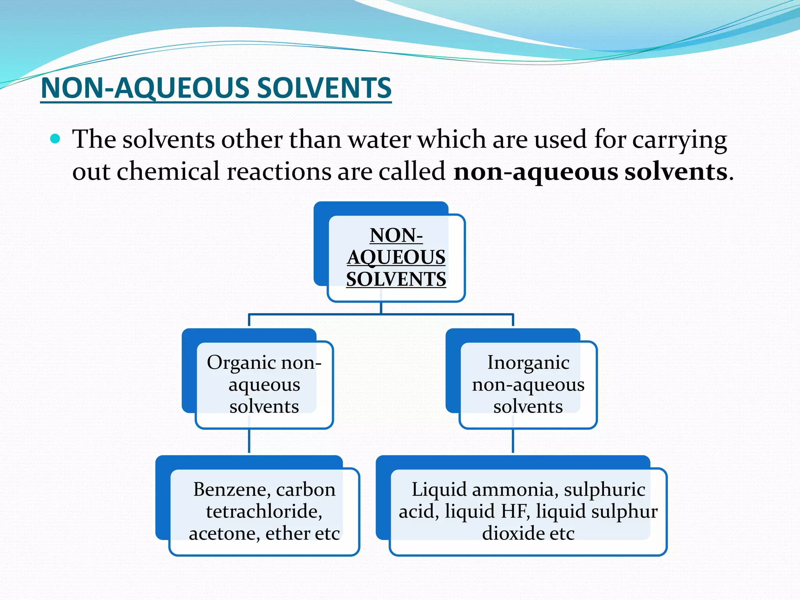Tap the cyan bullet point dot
coord(55,139)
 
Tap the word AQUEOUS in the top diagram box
coord(396,257)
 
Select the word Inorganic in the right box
coord(528,363)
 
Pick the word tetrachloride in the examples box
coord(264,511)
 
